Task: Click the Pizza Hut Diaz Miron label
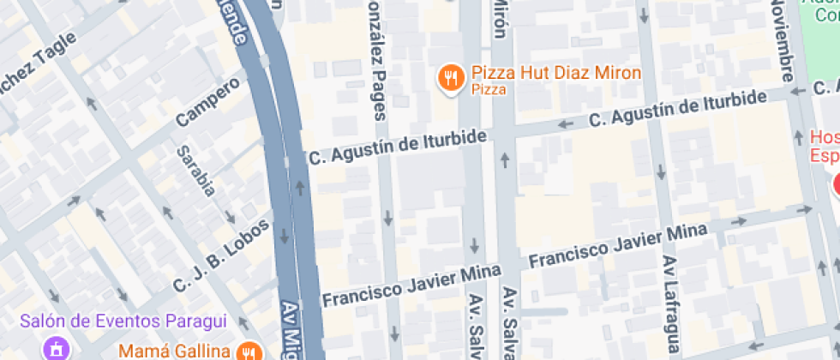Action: tap(556, 73)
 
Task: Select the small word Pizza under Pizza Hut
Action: tap(489, 89)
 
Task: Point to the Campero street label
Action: tap(207, 102)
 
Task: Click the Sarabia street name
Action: tap(195, 172)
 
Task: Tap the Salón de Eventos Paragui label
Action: tap(123, 321)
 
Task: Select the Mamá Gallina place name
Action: tap(174, 351)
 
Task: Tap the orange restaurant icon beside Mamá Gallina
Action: tap(250, 351)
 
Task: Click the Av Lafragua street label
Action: tap(670, 304)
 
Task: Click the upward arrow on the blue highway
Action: tap(301, 186)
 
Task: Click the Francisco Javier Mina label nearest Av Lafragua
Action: tap(619, 246)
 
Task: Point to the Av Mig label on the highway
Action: tap(293, 330)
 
